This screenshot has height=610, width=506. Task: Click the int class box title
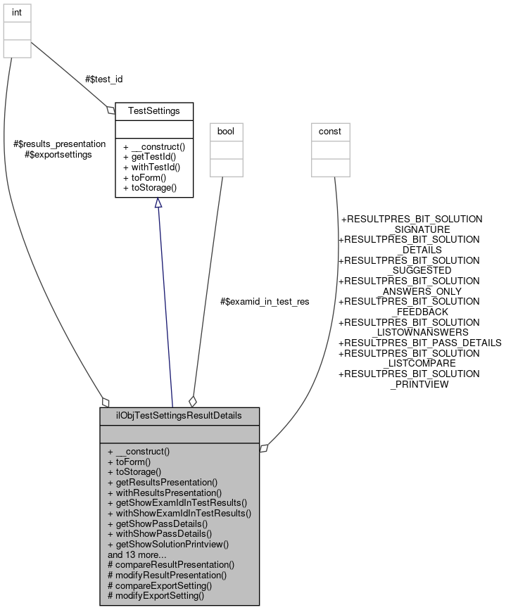[x=18, y=12]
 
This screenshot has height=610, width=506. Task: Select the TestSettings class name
[x=154, y=110]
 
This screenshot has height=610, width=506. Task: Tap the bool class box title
[x=226, y=132]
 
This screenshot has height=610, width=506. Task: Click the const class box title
[x=330, y=132]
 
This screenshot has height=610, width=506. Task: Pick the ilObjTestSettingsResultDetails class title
[x=179, y=415]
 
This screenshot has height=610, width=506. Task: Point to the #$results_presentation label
[x=59, y=144]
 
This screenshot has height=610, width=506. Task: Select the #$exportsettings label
[x=58, y=154]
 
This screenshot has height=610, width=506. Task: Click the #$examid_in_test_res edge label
[x=265, y=301]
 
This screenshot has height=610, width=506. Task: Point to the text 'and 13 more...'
[x=137, y=554]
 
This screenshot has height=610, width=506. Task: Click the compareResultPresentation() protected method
[x=170, y=564]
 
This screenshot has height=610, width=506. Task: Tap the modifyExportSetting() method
[x=156, y=595]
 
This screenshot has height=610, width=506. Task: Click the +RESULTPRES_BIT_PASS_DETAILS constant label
[x=420, y=343]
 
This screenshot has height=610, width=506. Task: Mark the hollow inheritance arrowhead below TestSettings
[x=158, y=203]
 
